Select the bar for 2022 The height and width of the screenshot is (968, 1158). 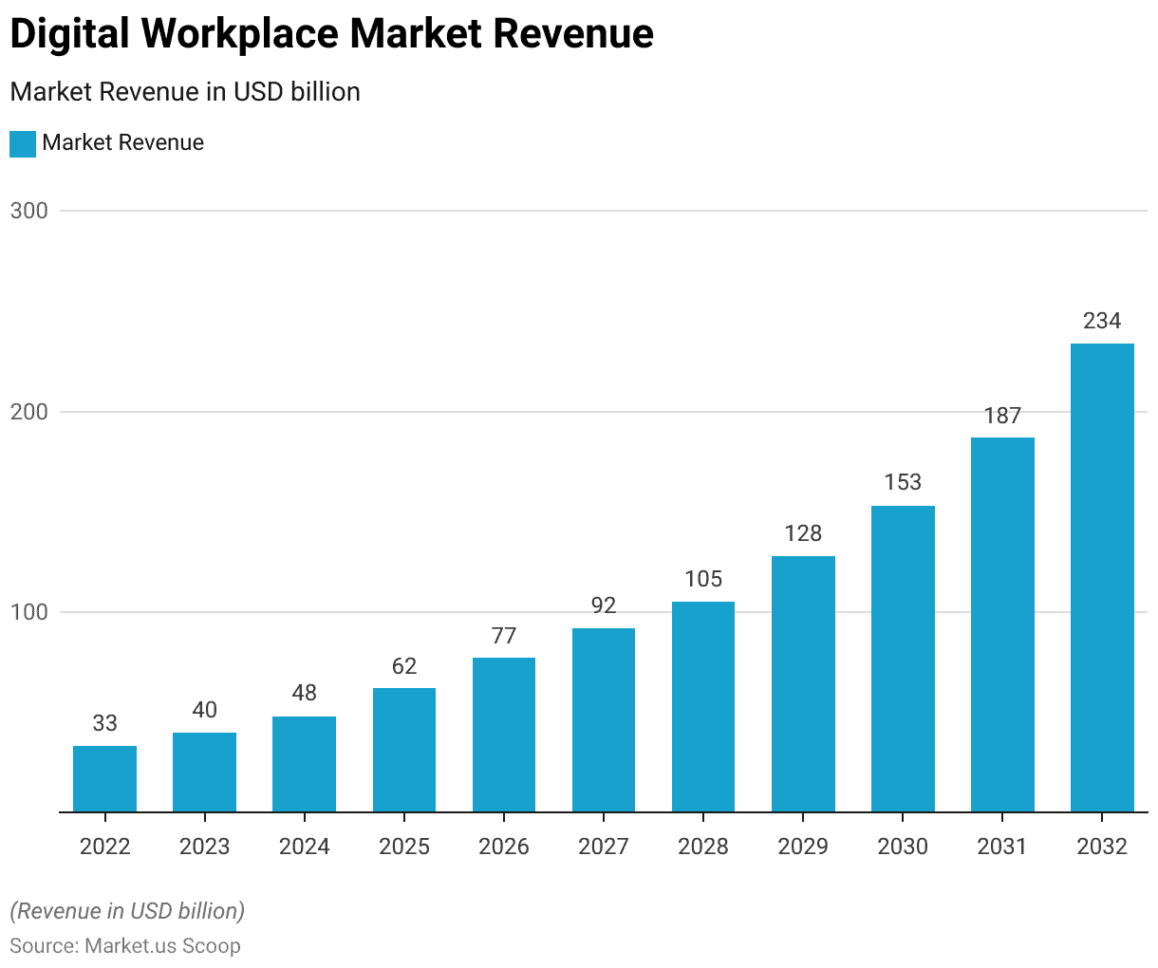[x=104, y=779]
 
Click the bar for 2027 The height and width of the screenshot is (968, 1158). [x=604, y=720]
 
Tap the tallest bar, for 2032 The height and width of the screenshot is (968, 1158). [x=1102, y=578]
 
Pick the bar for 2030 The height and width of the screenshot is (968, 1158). [x=903, y=660]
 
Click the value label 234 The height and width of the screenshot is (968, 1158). [x=1102, y=321]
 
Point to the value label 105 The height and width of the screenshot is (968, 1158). [x=703, y=579]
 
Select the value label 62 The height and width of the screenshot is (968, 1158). [x=404, y=666]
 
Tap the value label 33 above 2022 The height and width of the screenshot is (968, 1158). [x=104, y=723]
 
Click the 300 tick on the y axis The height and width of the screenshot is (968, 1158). [x=29, y=211]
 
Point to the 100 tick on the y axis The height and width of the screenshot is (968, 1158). [x=29, y=612]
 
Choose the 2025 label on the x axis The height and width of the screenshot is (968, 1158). [x=404, y=847]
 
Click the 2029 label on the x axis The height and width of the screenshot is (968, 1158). [x=803, y=847]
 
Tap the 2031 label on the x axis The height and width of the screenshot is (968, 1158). [x=1002, y=847]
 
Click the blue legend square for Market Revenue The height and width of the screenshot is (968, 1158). [x=23, y=143]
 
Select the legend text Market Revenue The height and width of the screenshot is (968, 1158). [x=123, y=143]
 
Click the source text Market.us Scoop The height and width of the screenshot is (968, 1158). [x=162, y=946]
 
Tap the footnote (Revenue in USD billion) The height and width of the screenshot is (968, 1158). [x=127, y=911]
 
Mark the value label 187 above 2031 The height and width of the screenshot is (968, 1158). [x=1002, y=416]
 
